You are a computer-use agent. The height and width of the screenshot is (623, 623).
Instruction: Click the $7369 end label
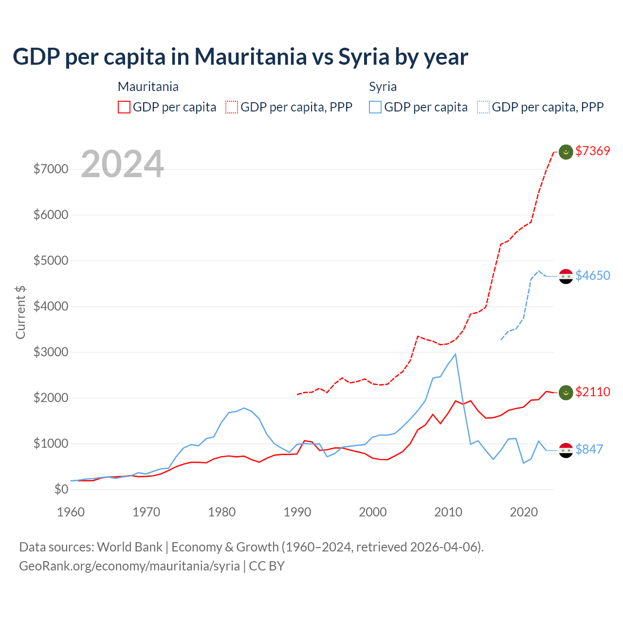[592, 151]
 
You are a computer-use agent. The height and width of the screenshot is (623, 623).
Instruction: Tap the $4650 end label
[592, 275]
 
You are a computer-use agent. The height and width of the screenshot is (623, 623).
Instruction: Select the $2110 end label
[592, 392]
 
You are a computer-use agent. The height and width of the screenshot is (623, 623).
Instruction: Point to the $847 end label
[589, 449]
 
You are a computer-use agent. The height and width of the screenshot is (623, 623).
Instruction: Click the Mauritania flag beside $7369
[566, 152]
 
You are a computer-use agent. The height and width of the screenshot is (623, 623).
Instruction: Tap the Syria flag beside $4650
[566, 276]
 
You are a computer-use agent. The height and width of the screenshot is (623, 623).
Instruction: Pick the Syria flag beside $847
[566, 450]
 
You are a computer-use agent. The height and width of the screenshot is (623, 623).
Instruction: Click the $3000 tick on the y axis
[51, 352]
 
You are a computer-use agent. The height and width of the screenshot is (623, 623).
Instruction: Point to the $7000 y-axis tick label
[51, 169]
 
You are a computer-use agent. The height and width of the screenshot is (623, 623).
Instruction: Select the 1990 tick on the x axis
[297, 512]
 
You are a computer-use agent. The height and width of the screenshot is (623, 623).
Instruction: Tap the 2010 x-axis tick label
[448, 512]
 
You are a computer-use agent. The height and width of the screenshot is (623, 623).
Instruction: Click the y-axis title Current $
[20, 312]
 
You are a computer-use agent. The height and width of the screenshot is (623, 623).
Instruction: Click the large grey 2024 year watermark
[122, 164]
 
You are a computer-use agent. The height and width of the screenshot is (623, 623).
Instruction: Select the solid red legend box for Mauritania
[124, 107]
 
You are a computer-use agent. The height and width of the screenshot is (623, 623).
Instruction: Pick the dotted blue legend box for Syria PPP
[483, 107]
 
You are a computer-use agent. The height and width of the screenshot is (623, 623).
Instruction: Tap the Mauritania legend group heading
[148, 87]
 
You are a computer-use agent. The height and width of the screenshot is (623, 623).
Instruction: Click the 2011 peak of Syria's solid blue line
[456, 354]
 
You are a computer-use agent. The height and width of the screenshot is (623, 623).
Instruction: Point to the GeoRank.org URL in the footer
[129, 566]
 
